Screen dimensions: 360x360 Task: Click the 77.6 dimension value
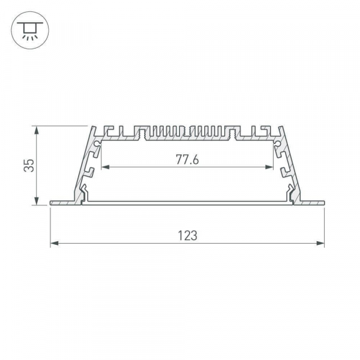[187, 160]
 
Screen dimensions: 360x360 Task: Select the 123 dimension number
[187, 236]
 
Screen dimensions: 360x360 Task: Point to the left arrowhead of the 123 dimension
[53, 243]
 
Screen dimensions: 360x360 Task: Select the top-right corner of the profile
[280, 128]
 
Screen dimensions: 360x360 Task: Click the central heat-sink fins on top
[187, 132]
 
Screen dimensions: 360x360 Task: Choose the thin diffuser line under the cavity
[187, 202]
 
